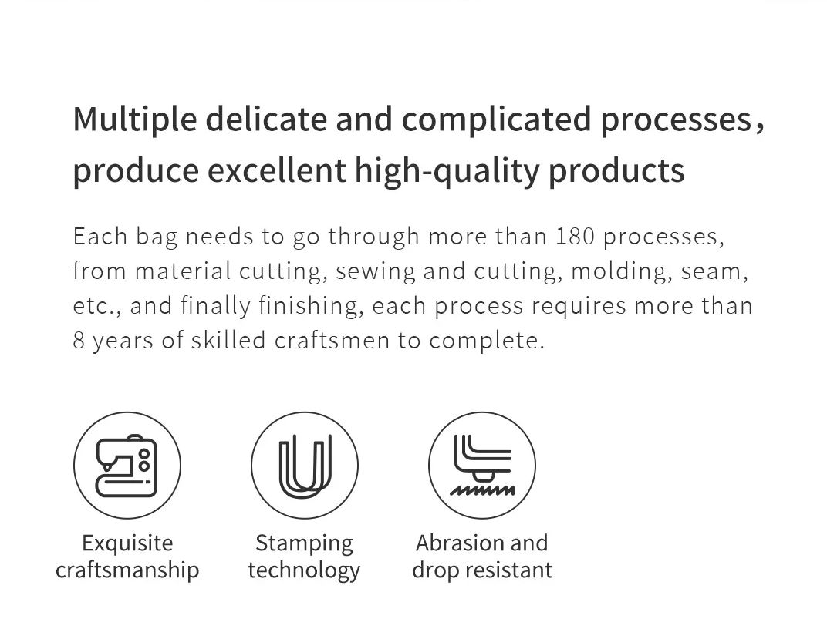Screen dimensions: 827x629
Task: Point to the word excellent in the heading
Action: pos(277,170)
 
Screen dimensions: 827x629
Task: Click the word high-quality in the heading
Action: pos(446,171)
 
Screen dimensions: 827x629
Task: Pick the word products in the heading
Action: pos(616,171)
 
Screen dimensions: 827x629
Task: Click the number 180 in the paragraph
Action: pos(576,236)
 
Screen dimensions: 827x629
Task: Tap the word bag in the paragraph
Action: pos(157,237)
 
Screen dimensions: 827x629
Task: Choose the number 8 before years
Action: pos(79,340)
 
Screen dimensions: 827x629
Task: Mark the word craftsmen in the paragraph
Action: pos(332,340)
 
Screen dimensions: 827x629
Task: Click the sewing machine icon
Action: pos(127,466)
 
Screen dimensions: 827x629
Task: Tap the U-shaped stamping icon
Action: pos(305,466)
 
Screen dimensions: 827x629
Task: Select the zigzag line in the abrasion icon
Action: pos(482,490)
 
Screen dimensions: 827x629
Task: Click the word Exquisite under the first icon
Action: pos(127,543)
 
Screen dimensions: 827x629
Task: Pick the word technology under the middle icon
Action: pos(304,570)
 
